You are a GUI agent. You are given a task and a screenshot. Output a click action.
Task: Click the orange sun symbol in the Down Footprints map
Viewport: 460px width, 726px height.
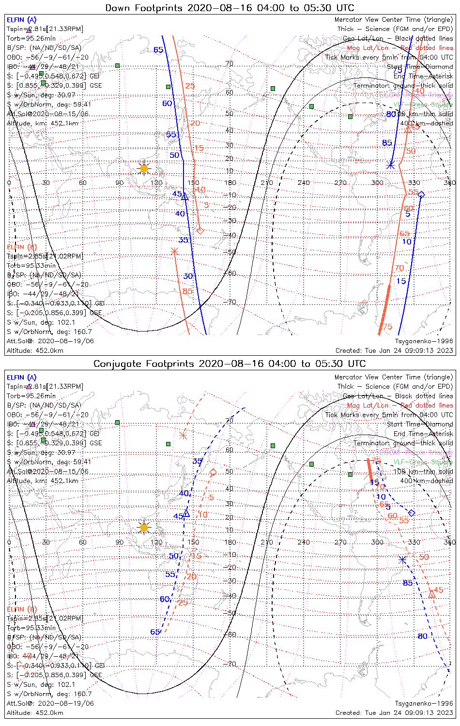[144, 168]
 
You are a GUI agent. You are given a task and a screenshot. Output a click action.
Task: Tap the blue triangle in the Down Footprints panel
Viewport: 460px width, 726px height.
[184, 196]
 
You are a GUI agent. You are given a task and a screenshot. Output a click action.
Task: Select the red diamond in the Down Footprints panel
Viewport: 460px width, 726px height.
[200, 230]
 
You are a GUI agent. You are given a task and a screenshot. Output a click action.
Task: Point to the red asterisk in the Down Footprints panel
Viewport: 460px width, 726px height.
[175, 251]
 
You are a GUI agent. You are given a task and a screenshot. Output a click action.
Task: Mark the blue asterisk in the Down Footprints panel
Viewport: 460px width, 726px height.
[390, 165]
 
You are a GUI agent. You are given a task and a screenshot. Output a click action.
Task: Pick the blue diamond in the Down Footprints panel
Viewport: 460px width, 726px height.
[421, 195]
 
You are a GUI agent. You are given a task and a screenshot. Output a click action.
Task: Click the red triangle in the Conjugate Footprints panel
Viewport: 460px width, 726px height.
[431, 594]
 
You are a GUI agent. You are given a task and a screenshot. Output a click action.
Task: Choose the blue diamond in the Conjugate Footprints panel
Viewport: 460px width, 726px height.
[412, 513]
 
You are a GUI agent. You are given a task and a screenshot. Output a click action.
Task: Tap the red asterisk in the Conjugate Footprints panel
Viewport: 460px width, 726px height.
[183, 435]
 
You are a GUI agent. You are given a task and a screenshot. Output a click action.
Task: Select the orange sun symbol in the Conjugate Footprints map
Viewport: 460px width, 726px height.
[144, 528]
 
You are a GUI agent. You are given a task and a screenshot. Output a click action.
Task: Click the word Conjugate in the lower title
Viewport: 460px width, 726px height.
[119, 363]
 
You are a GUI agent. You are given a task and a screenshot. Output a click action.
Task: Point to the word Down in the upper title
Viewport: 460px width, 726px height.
[118, 8]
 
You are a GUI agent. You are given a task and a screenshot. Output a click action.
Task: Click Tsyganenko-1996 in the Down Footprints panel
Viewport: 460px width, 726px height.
[424, 341]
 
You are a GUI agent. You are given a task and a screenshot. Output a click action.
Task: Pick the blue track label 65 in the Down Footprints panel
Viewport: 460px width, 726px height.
[158, 50]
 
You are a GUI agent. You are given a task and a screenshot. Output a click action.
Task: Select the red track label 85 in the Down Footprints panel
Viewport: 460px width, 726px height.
[187, 291]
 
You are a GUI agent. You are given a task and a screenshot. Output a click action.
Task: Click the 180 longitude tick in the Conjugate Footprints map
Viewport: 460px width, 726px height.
[230, 542]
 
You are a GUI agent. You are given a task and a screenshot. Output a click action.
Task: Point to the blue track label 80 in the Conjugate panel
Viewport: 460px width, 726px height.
[422, 636]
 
